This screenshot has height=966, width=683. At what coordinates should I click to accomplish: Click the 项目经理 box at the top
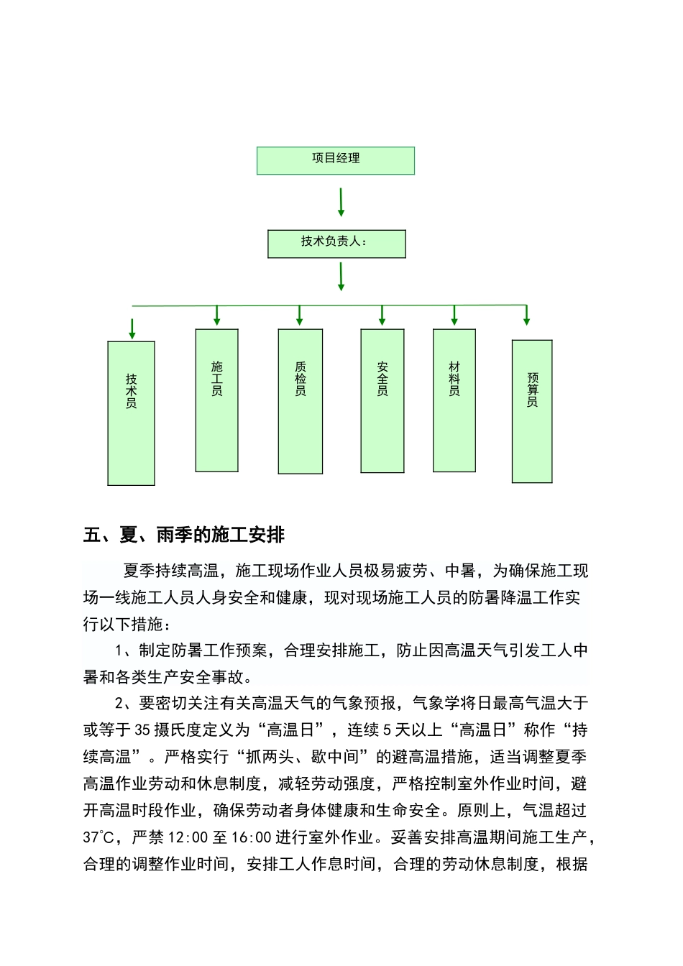click(x=336, y=160)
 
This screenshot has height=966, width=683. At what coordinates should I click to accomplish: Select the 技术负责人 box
click(x=336, y=244)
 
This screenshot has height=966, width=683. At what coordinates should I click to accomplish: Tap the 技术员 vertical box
click(x=132, y=413)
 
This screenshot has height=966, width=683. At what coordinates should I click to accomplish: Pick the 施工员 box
click(x=216, y=400)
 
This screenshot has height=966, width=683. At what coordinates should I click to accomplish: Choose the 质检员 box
click(x=301, y=401)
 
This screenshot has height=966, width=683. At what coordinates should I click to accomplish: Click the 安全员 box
click(x=382, y=400)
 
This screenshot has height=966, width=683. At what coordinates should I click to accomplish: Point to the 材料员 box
click(x=454, y=400)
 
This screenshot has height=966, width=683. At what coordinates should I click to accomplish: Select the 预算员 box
click(x=532, y=410)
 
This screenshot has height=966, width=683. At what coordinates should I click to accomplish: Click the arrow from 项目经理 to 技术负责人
click(x=341, y=202)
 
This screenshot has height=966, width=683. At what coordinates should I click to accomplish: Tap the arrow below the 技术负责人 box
click(x=341, y=277)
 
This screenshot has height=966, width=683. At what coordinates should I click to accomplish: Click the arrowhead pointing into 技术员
click(x=132, y=333)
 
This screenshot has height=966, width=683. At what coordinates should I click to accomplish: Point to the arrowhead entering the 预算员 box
click(x=527, y=320)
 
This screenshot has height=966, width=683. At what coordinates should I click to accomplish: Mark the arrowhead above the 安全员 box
click(x=382, y=320)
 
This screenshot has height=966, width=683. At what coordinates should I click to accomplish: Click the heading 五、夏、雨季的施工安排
click(x=184, y=535)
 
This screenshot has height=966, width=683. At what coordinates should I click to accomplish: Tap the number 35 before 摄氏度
click(x=142, y=730)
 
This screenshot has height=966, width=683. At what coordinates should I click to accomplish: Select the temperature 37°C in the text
click(x=98, y=837)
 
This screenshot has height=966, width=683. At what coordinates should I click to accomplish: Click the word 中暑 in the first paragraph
click(x=460, y=571)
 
